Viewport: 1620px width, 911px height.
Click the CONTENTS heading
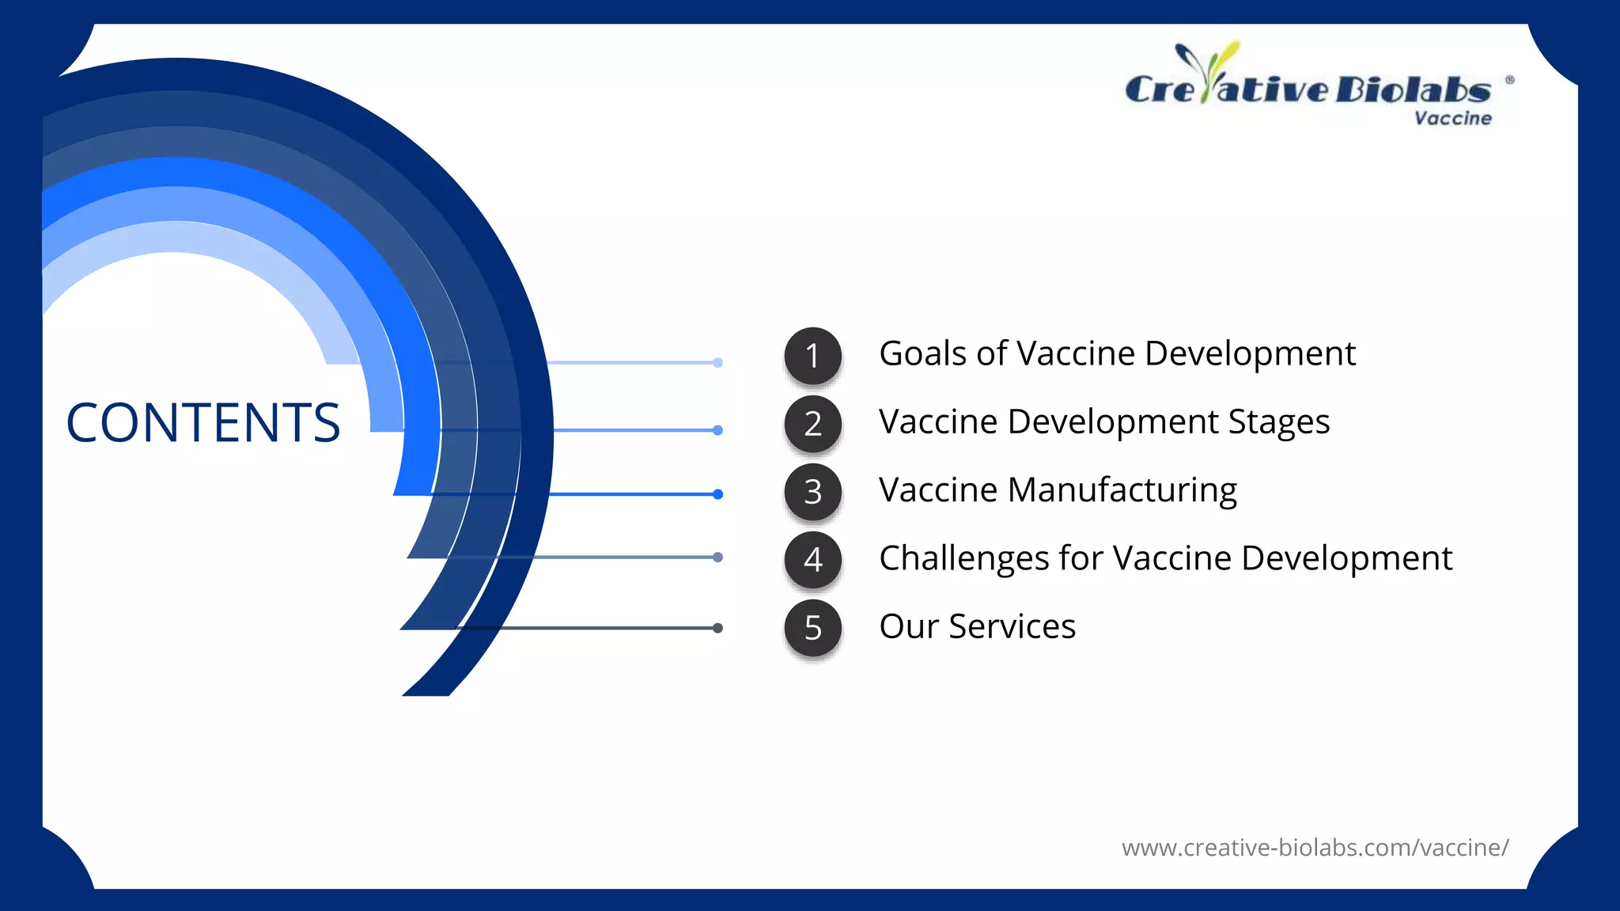pyautogui.click(x=203, y=422)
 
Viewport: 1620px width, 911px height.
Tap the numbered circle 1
pyautogui.click(x=812, y=356)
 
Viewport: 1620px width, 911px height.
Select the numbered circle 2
pyautogui.click(x=812, y=424)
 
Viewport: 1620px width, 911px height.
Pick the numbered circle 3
pyautogui.click(x=812, y=492)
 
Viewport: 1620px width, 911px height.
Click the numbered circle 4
pyautogui.click(x=812, y=560)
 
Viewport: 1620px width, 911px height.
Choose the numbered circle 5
pyautogui.click(x=812, y=628)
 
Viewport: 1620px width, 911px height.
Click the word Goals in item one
pyautogui.click(x=922, y=353)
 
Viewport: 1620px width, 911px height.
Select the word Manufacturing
pyautogui.click(x=1122, y=490)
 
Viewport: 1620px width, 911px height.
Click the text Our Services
pyautogui.click(x=977, y=626)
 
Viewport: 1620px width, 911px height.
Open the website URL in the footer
pyautogui.click(x=1315, y=848)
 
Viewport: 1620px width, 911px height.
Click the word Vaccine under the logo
pyautogui.click(x=1453, y=119)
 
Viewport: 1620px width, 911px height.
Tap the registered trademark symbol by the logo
pyautogui.click(x=1509, y=80)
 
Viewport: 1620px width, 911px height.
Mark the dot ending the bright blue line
pyautogui.click(x=717, y=494)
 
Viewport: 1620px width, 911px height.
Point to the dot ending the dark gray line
pyautogui.click(x=717, y=628)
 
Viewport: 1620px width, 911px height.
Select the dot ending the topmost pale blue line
pyautogui.click(x=717, y=363)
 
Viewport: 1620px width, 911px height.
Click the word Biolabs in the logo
pyautogui.click(x=1414, y=90)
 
